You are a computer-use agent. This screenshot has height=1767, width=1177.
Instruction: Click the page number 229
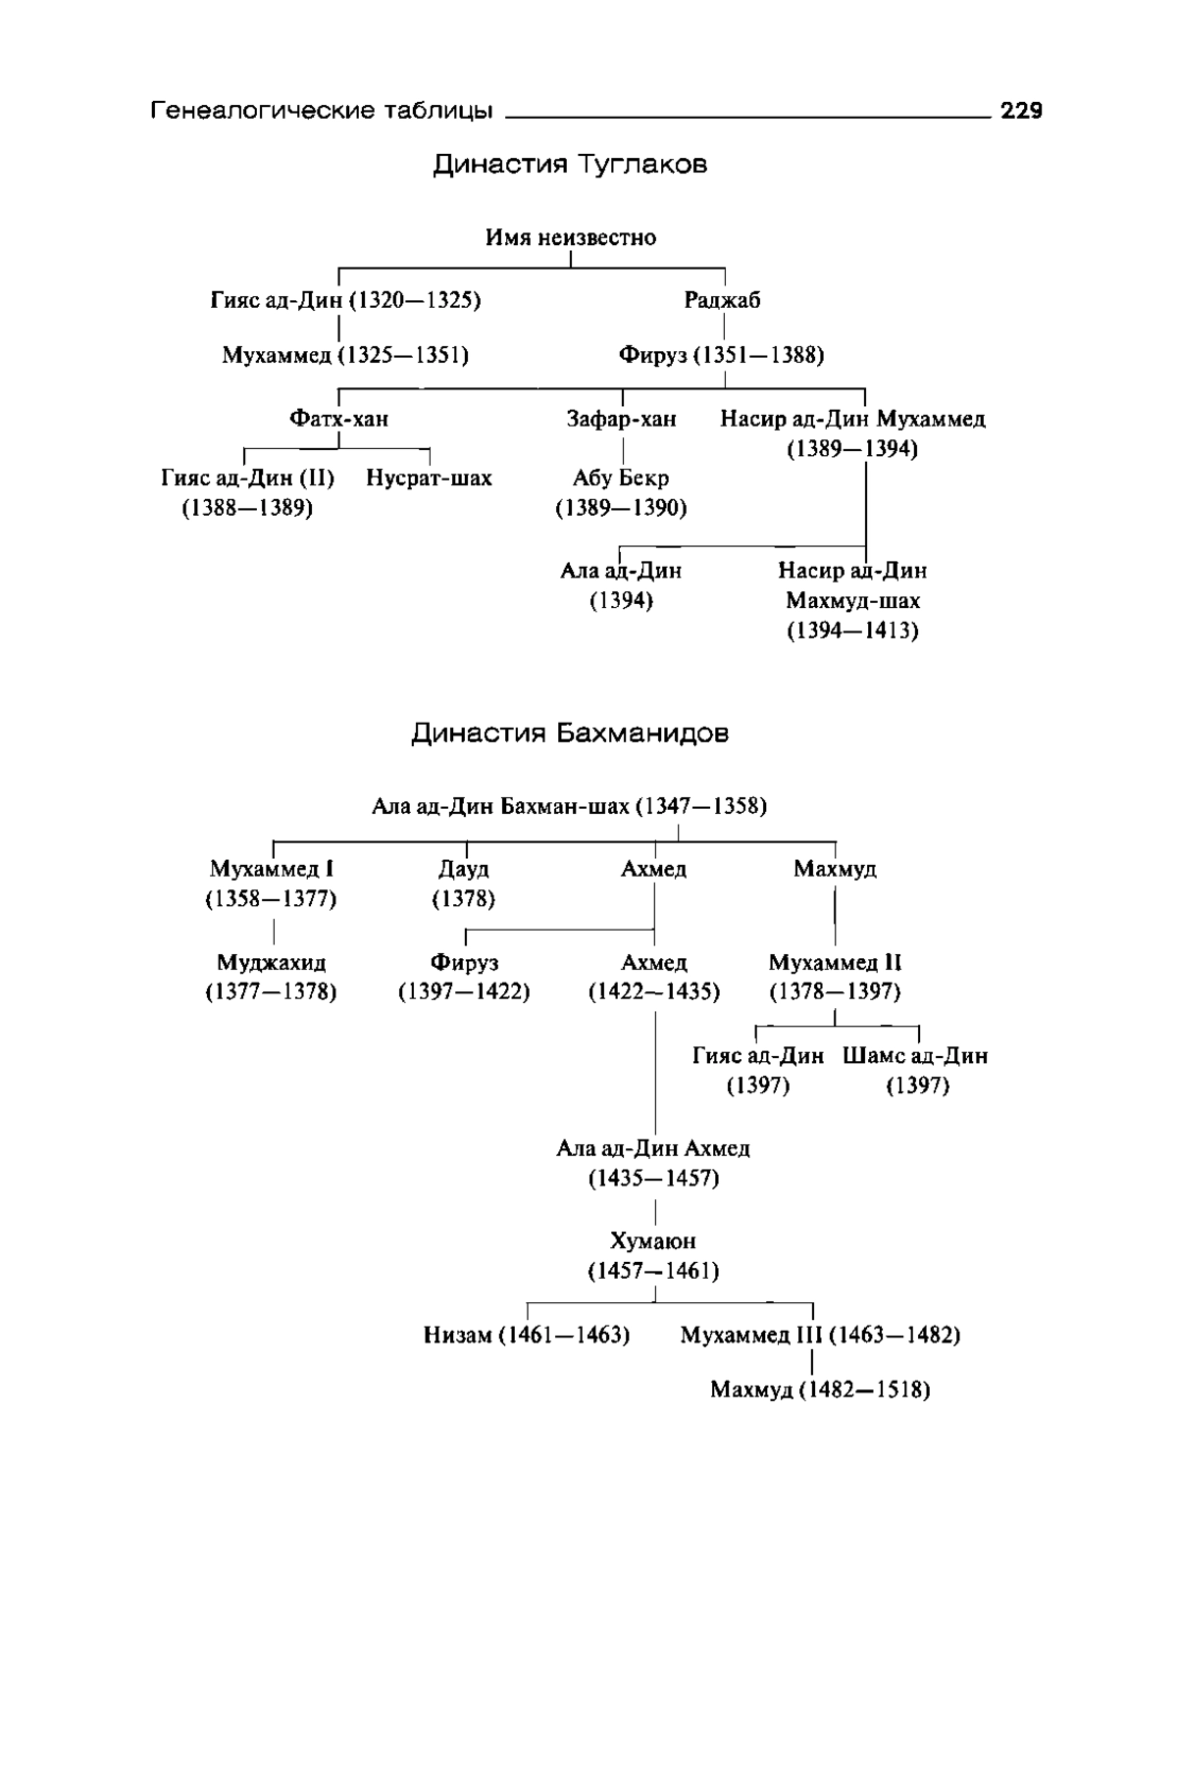click(x=1021, y=111)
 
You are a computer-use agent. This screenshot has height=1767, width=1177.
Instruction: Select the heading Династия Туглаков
click(x=570, y=164)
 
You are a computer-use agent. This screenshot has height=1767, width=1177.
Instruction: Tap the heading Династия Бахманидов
click(x=570, y=733)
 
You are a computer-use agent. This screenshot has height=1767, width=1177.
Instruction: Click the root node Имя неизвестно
click(x=571, y=237)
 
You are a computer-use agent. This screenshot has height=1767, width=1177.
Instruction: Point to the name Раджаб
click(x=723, y=301)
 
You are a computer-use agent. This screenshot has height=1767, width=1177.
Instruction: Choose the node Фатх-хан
click(x=338, y=419)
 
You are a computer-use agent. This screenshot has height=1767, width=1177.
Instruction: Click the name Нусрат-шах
click(x=429, y=479)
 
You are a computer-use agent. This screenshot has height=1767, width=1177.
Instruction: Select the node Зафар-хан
click(x=622, y=419)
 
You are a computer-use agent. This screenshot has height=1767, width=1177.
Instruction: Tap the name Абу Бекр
click(x=622, y=479)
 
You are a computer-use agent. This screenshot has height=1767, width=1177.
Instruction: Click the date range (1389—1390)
click(x=622, y=508)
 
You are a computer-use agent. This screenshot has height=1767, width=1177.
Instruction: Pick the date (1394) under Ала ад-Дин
click(x=622, y=600)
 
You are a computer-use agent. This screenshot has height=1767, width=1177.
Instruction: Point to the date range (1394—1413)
click(x=852, y=630)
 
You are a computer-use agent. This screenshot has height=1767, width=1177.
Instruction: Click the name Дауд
click(x=464, y=869)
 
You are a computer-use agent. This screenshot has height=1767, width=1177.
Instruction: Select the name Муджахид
click(x=272, y=962)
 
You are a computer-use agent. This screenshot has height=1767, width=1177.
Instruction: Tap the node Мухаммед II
click(x=835, y=962)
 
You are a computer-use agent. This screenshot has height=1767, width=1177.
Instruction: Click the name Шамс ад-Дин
click(x=915, y=1056)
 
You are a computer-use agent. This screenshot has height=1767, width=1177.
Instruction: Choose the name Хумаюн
click(x=653, y=1241)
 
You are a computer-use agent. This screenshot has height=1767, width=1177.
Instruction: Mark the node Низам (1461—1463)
click(x=527, y=1335)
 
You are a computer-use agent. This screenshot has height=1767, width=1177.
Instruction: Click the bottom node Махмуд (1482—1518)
click(x=820, y=1389)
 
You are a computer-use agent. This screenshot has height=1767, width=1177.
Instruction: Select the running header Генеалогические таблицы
click(x=322, y=111)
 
